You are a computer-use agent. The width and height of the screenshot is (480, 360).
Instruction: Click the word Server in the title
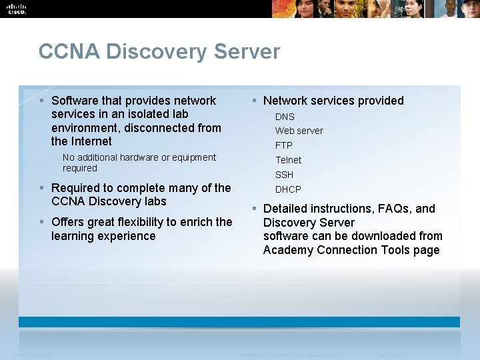pyautogui.click(x=248, y=52)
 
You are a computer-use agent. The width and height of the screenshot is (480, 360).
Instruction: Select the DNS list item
pyautogui.click(x=285, y=117)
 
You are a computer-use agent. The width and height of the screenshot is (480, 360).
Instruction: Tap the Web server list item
pyautogui.click(x=299, y=131)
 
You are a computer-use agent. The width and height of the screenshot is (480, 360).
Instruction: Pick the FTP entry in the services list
pyautogui.click(x=284, y=145)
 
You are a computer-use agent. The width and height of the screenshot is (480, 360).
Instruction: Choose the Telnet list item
pyautogui.click(x=289, y=160)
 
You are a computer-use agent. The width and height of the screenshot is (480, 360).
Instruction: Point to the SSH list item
pyautogui.click(x=284, y=175)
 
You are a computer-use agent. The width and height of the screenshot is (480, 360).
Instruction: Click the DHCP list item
pyautogui.click(x=288, y=189)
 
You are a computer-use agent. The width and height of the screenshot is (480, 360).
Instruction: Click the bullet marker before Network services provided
pyautogui.click(x=255, y=101)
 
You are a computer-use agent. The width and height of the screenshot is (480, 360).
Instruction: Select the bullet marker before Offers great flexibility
pyautogui.click(x=42, y=222)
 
